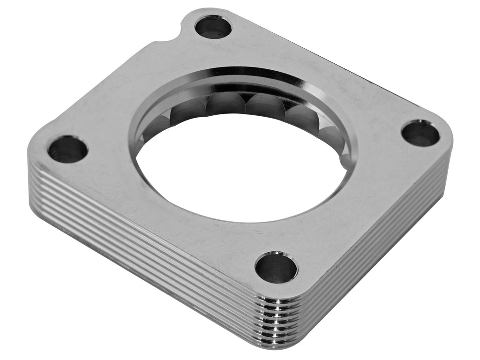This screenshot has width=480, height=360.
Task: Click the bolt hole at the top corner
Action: coord(213,27)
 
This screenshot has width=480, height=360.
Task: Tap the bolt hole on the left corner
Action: coord(68,149)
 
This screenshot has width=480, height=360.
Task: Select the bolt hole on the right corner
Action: coord(420,133)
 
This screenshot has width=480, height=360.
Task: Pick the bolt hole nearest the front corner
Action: coord(276,267)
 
